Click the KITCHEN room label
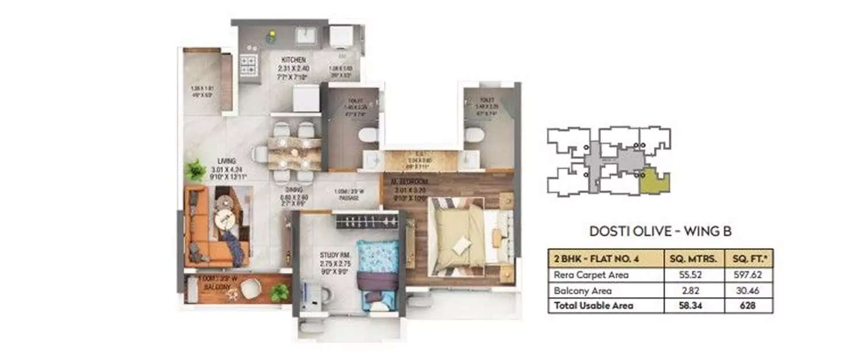pos(293,60)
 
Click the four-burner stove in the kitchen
pos(248,66)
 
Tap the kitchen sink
pos(310,36)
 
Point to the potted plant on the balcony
pos(280,293)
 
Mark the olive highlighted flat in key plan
pos(655,181)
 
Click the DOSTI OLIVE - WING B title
pos(660,232)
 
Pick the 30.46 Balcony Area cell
pos(749,290)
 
